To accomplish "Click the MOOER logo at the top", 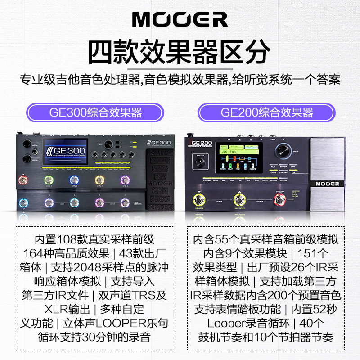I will (x=180, y=19).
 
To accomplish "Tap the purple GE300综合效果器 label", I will (x=95, y=112).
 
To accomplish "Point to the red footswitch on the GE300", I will (x=21, y=181).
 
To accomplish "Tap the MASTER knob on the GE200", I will (x=201, y=163).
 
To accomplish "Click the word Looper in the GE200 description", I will (x=223, y=323).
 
